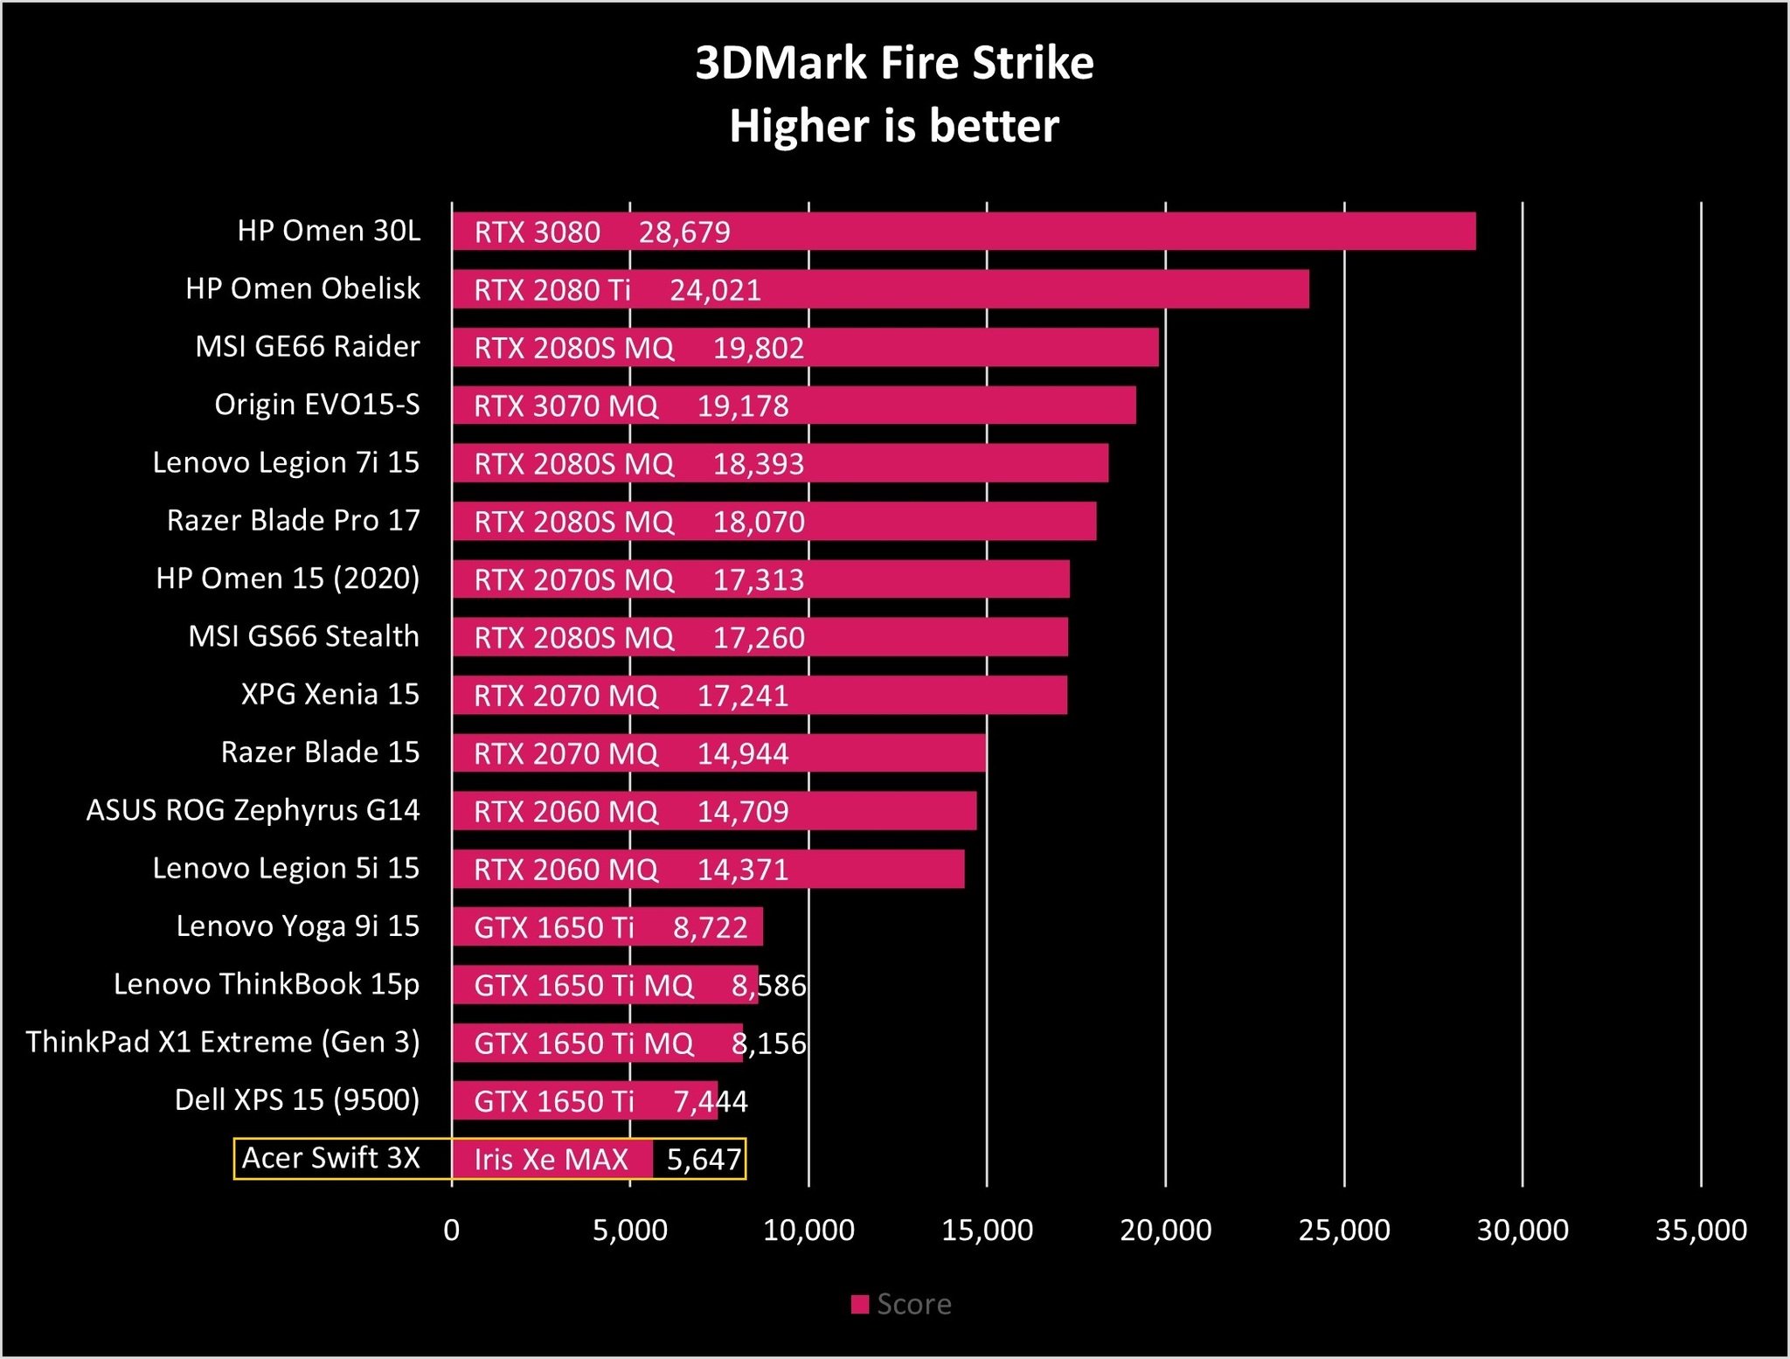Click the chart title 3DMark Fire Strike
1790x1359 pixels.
point(894,63)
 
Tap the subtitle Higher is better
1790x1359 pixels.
point(894,126)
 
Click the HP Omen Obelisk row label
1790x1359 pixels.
point(302,288)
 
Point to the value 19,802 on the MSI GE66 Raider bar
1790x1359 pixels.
point(758,348)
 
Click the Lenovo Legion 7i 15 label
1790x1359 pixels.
point(286,462)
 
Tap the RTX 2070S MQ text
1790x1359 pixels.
point(573,579)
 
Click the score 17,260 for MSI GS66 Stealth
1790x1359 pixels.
point(758,638)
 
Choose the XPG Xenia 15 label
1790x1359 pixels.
point(330,694)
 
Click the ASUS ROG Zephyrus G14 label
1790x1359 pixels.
point(253,810)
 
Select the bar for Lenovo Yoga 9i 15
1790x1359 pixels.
point(607,926)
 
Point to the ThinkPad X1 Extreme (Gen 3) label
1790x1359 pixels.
point(223,1042)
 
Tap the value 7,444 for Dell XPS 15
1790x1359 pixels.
point(710,1101)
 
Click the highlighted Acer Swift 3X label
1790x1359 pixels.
point(330,1158)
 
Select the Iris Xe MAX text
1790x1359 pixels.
point(551,1159)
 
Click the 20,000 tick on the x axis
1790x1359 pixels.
point(1165,1231)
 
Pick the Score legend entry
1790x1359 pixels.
point(902,1304)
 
